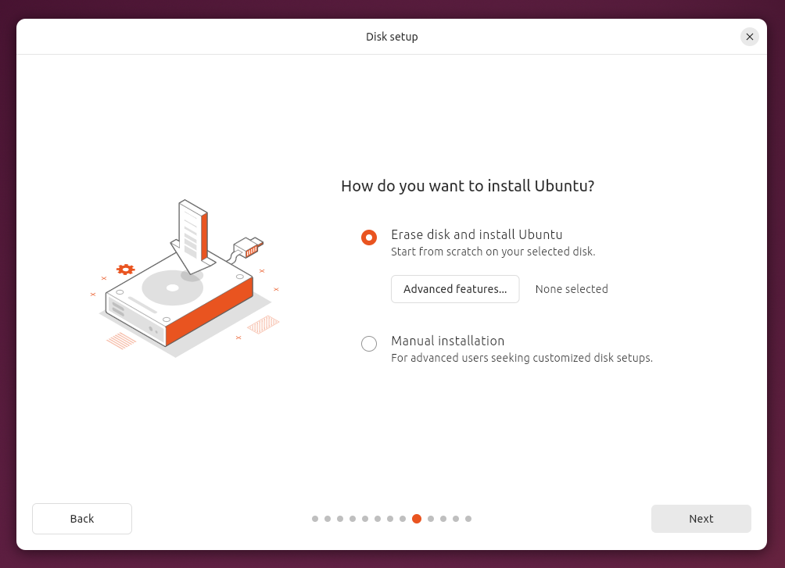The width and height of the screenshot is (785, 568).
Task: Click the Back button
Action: coord(82,519)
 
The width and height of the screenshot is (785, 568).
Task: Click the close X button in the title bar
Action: coord(750,37)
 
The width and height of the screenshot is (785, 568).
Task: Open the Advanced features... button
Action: coord(455,289)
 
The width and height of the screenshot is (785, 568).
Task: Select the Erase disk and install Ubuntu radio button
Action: coord(369,238)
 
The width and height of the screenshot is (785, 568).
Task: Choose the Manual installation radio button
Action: coord(369,344)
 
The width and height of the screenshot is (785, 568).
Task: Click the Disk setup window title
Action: coord(392,37)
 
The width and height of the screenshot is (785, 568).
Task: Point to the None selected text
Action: coord(572,289)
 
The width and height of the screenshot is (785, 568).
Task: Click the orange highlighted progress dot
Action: coord(417,519)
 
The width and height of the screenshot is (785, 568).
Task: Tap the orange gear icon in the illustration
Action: coord(125,270)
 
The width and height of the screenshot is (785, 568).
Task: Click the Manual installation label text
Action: coord(447,341)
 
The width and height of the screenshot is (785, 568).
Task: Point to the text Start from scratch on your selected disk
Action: coord(493,252)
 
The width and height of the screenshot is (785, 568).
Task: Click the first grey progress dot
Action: coord(315,519)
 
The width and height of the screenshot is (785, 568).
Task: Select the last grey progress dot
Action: coord(468,519)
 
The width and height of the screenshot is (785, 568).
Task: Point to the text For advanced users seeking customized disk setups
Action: coord(522,358)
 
